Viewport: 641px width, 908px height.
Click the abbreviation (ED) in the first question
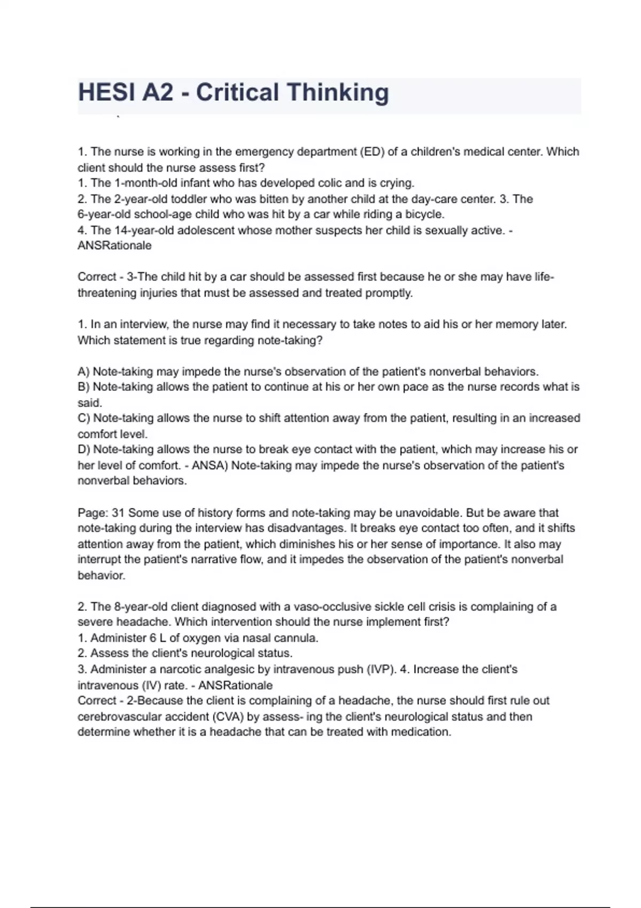(372, 152)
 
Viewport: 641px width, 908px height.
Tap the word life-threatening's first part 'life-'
(544, 277)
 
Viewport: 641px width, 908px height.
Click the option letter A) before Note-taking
(84, 371)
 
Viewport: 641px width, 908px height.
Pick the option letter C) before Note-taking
(84, 418)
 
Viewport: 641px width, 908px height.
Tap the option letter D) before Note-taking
(84, 449)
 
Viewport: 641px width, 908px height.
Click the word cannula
(295, 638)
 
